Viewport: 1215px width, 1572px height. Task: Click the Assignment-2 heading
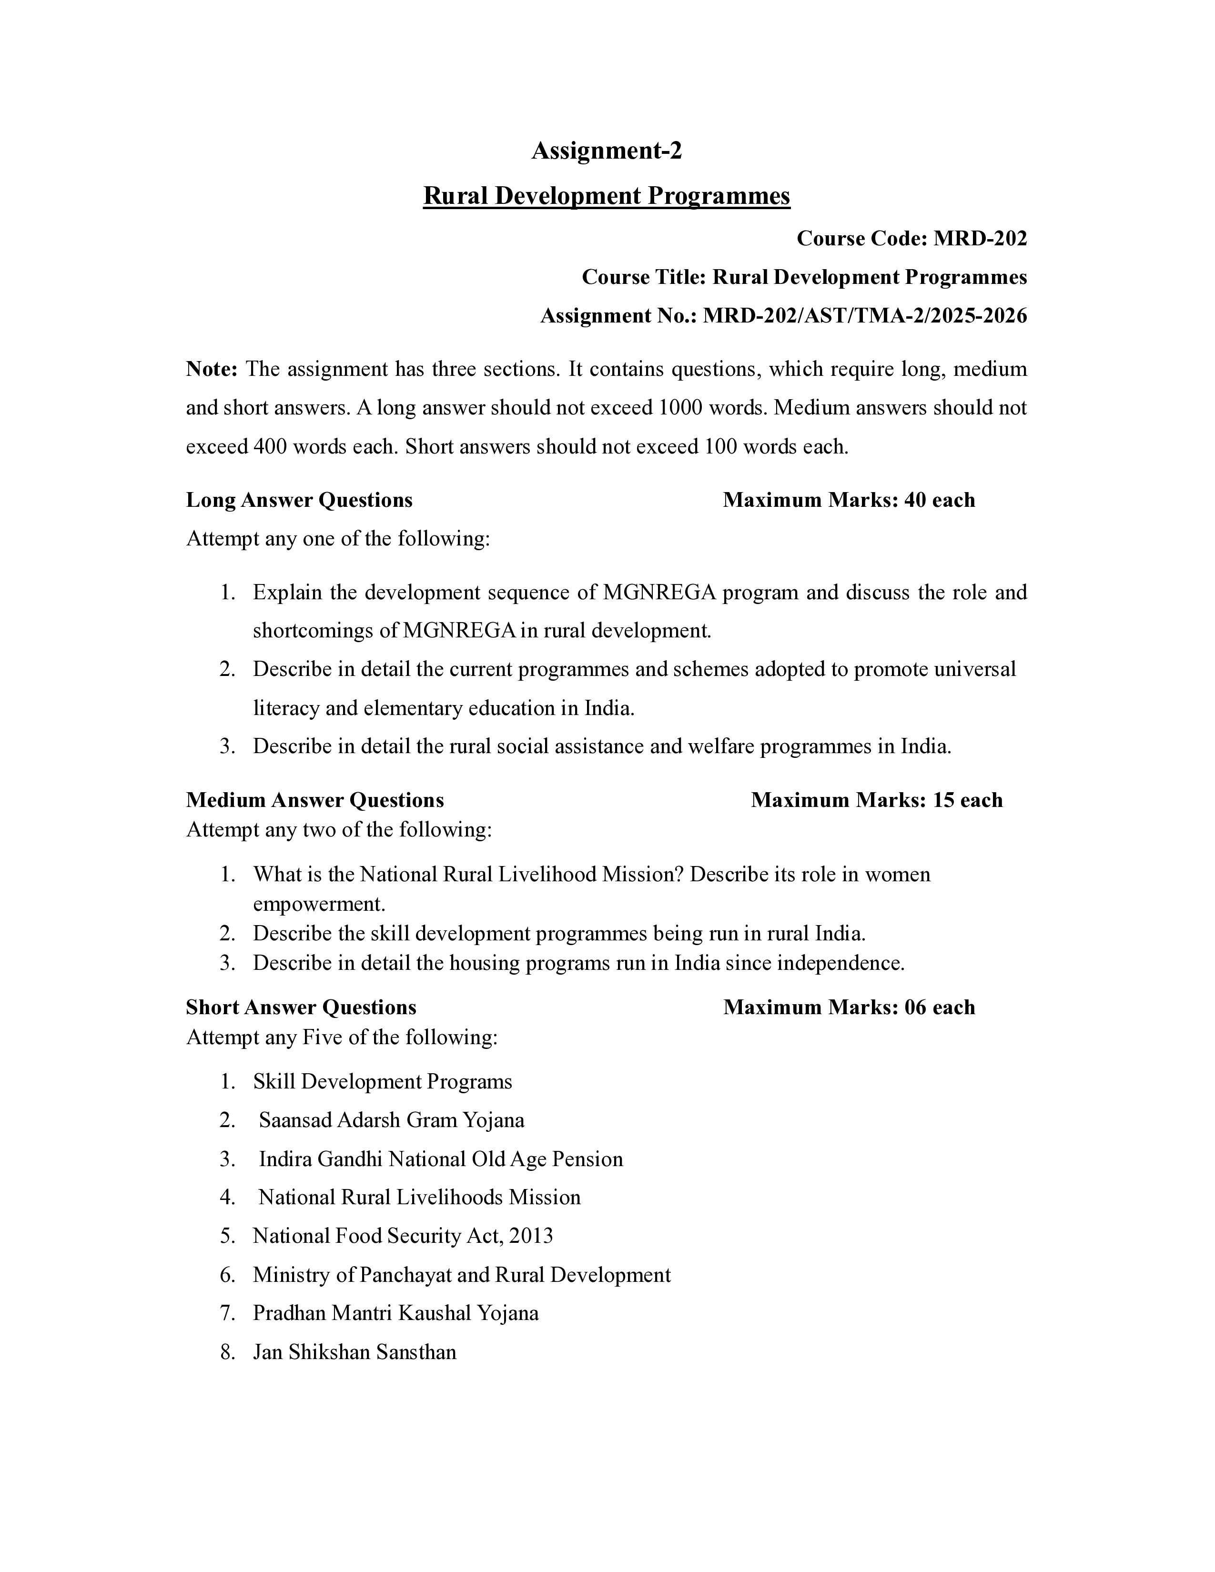click(606, 151)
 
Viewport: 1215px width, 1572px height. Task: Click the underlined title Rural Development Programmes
click(606, 196)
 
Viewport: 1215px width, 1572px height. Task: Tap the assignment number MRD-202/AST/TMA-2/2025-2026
click(864, 316)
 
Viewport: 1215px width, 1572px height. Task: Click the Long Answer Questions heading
click(299, 500)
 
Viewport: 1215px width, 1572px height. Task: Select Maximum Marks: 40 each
click(849, 500)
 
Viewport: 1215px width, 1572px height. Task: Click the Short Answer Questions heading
click(301, 1007)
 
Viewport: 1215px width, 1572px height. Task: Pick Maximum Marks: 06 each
click(849, 1007)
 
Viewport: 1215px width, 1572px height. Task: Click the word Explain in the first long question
click(286, 593)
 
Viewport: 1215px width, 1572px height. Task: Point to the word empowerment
click(319, 904)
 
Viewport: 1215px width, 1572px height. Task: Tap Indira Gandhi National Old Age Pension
click(441, 1159)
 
